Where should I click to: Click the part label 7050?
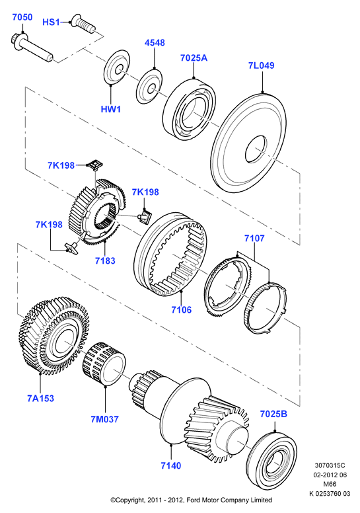[x=22, y=17]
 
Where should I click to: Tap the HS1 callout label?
[x=51, y=22]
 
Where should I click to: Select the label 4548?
[x=155, y=43]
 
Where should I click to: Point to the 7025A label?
[x=194, y=58]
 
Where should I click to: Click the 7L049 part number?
[x=262, y=65]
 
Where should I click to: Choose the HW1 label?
[x=111, y=109]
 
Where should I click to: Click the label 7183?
[x=105, y=260]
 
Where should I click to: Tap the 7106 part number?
[x=182, y=309]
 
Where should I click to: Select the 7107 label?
[x=254, y=238]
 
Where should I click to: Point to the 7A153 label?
[x=40, y=398]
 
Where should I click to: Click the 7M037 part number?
[x=104, y=419]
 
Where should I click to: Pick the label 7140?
[x=170, y=465]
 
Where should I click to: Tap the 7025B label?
[x=273, y=414]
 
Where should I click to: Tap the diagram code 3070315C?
[x=330, y=465]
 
